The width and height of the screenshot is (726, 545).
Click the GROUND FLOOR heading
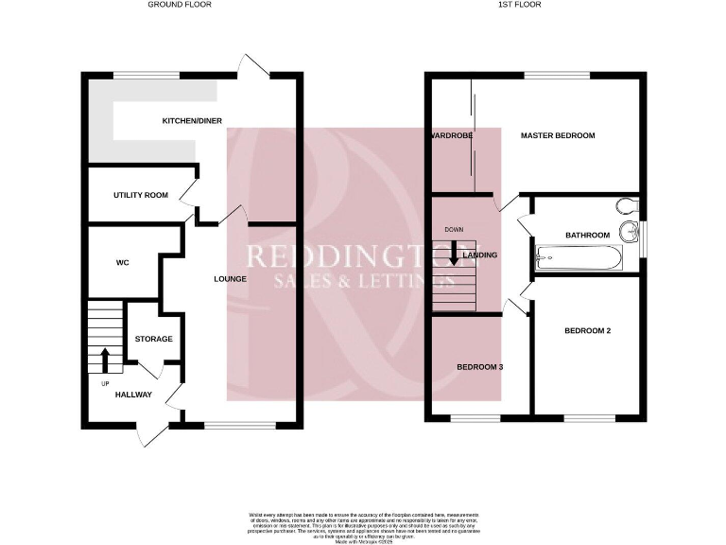coord(180,5)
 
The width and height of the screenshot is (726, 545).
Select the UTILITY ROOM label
coord(141,195)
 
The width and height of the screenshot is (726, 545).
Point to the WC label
coord(122,262)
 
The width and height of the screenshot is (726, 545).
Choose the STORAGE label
coord(153,339)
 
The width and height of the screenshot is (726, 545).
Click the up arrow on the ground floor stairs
coord(104,360)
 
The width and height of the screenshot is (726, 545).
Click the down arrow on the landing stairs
coord(455,252)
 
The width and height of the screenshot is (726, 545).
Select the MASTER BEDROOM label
coord(558,136)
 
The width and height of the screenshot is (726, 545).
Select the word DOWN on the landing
coord(455,229)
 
